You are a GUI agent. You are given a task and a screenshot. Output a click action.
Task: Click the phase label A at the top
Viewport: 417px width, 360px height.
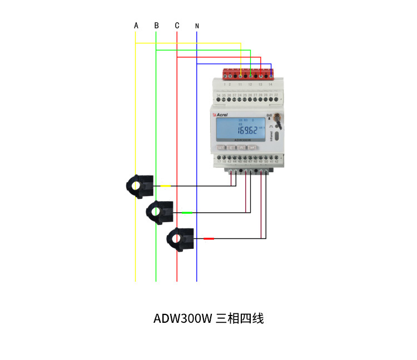[x=136, y=26]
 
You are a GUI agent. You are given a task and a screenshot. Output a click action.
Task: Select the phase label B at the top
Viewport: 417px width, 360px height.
[x=156, y=26]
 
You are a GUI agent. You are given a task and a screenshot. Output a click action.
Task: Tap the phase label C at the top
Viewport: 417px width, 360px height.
[x=177, y=26]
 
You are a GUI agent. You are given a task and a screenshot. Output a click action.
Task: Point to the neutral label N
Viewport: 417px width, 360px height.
[x=197, y=26]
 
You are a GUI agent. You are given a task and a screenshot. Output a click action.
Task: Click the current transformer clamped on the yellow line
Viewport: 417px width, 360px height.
[x=139, y=186]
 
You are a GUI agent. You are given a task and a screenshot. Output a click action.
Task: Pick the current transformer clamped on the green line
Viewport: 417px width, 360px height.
[x=160, y=211]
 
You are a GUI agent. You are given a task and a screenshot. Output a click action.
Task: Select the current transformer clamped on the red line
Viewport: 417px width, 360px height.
[x=181, y=238]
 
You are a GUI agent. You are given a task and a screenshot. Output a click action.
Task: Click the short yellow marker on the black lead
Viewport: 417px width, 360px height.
[x=166, y=186]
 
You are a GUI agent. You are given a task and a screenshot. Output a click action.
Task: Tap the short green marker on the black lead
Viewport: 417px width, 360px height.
[x=187, y=212]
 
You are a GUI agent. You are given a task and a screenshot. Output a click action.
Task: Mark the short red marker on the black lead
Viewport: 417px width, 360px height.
[x=209, y=238]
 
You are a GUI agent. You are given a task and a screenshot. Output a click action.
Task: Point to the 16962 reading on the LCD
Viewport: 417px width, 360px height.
[x=246, y=131]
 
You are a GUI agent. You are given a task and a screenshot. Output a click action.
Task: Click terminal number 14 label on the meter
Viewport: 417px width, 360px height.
[x=270, y=84]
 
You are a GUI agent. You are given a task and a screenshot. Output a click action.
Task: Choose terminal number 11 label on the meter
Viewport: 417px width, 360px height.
[x=240, y=84]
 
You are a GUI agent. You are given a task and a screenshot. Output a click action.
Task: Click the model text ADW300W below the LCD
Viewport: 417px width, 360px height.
[x=242, y=141]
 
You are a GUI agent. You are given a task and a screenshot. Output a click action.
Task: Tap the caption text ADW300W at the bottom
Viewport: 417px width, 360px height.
[x=183, y=319]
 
